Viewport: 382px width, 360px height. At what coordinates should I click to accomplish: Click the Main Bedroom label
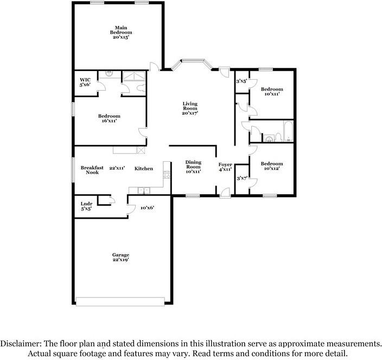120,32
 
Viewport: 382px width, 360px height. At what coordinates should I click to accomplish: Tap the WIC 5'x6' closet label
85,82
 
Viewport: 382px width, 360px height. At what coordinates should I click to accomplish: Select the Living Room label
189,108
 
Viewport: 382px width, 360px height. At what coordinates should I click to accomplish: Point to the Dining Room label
194,167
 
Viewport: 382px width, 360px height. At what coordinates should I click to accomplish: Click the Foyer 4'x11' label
225,167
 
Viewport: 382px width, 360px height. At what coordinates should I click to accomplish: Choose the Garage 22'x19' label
120,257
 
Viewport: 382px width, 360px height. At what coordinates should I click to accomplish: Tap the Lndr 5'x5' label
87,206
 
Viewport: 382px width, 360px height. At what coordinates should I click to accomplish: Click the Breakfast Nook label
92,170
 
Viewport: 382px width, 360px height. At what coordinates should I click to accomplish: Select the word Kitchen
144,169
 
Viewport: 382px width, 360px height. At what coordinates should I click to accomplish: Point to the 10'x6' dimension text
148,207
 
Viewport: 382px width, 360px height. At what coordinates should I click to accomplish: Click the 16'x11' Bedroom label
109,118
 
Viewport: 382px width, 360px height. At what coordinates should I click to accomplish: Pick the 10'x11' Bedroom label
271,92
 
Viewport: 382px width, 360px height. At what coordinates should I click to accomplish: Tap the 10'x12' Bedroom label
271,166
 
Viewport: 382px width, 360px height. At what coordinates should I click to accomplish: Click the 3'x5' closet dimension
241,81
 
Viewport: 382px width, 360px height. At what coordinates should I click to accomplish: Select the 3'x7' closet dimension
242,178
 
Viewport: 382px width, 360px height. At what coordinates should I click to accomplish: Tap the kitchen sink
143,190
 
